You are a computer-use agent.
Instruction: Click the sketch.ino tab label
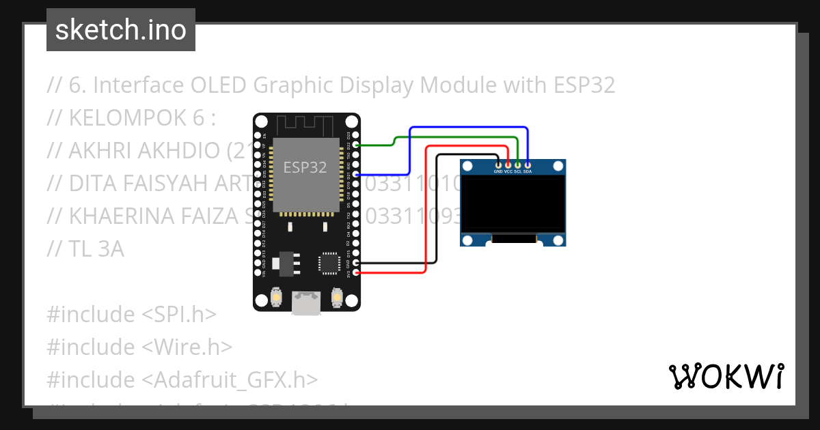click(120, 30)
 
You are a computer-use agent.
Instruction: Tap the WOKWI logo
click(726, 376)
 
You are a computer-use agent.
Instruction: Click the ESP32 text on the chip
click(305, 167)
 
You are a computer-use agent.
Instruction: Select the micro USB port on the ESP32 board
click(306, 302)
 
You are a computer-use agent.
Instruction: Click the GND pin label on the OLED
click(498, 172)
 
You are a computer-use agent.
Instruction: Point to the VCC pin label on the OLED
click(508, 172)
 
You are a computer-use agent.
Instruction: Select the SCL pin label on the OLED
click(518, 172)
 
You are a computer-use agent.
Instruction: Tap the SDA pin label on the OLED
click(528, 172)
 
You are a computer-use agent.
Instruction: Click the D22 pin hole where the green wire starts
click(355, 145)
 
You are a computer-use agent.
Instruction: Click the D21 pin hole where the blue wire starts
click(355, 175)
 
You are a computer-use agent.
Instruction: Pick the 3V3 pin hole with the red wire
click(355, 273)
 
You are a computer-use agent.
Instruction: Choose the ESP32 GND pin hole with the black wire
click(355, 263)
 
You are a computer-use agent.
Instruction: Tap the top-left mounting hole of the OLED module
click(467, 166)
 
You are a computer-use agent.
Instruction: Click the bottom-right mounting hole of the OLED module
click(559, 240)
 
